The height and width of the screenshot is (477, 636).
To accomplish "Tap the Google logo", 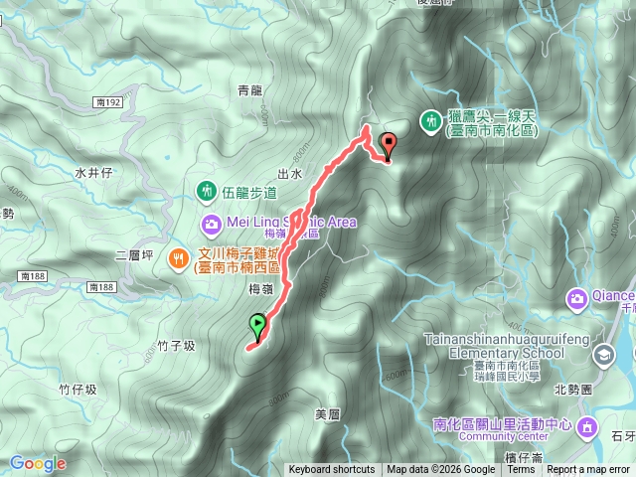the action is [38, 463].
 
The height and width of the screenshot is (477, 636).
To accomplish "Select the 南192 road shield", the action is [110, 101].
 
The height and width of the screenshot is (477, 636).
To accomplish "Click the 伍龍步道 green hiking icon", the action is [207, 189].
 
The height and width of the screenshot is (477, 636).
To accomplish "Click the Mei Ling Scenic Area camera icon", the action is [211, 223].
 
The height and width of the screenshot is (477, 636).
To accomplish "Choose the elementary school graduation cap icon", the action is [604, 355].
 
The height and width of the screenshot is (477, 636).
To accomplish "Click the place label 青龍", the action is [249, 90].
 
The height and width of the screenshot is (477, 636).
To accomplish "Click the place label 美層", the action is [326, 413].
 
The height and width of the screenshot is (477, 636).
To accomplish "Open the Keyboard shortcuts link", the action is [332, 470].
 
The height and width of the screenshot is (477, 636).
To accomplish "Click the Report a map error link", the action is [589, 470].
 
